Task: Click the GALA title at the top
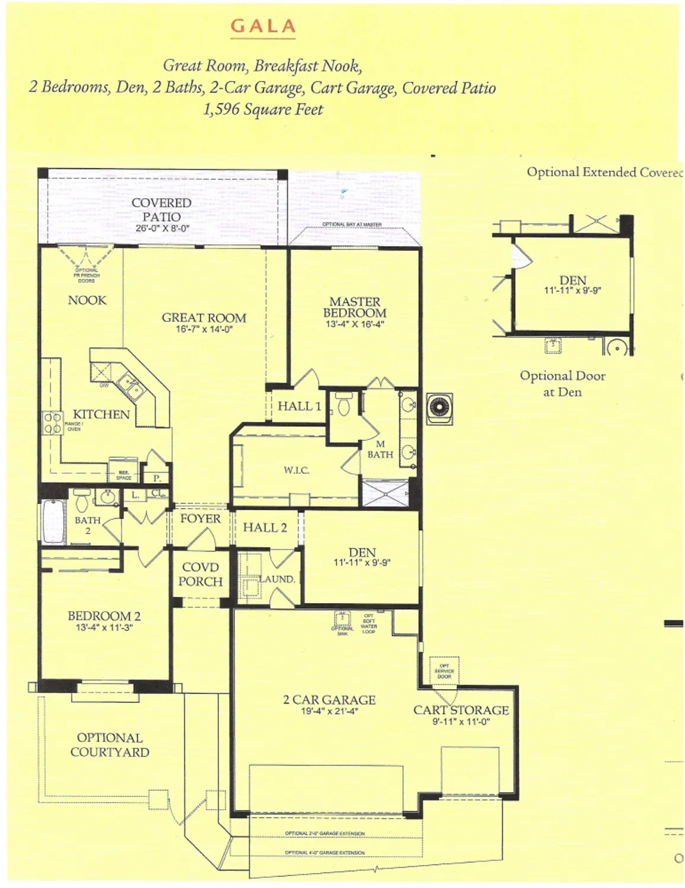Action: pyautogui.click(x=262, y=26)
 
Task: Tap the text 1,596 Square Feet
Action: pyautogui.click(x=263, y=110)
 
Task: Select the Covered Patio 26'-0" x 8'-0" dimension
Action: pyautogui.click(x=162, y=228)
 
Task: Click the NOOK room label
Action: pyautogui.click(x=87, y=300)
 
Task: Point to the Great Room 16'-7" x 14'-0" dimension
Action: pyautogui.click(x=204, y=329)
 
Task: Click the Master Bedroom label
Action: pyautogui.click(x=355, y=307)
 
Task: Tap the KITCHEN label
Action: pyautogui.click(x=101, y=414)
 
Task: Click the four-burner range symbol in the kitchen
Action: pyautogui.click(x=53, y=423)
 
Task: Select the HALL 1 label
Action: pyautogui.click(x=299, y=406)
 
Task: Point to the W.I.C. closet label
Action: pyautogui.click(x=296, y=470)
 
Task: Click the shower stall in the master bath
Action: pyautogui.click(x=384, y=493)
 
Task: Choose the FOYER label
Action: pyautogui.click(x=200, y=519)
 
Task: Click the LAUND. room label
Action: pyautogui.click(x=276, y=579)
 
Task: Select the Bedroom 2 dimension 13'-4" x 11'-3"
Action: pyautogui.click(x=104, y=628)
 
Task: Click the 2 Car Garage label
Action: pyautogui.click(x=329, y=700)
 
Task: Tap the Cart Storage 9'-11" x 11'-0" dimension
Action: pyautogui.click(x=461, y=722)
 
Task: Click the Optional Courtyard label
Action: pyautogui.click(x=110, y=745)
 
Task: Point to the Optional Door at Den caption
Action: pyautogui.click(x=562, y=384)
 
